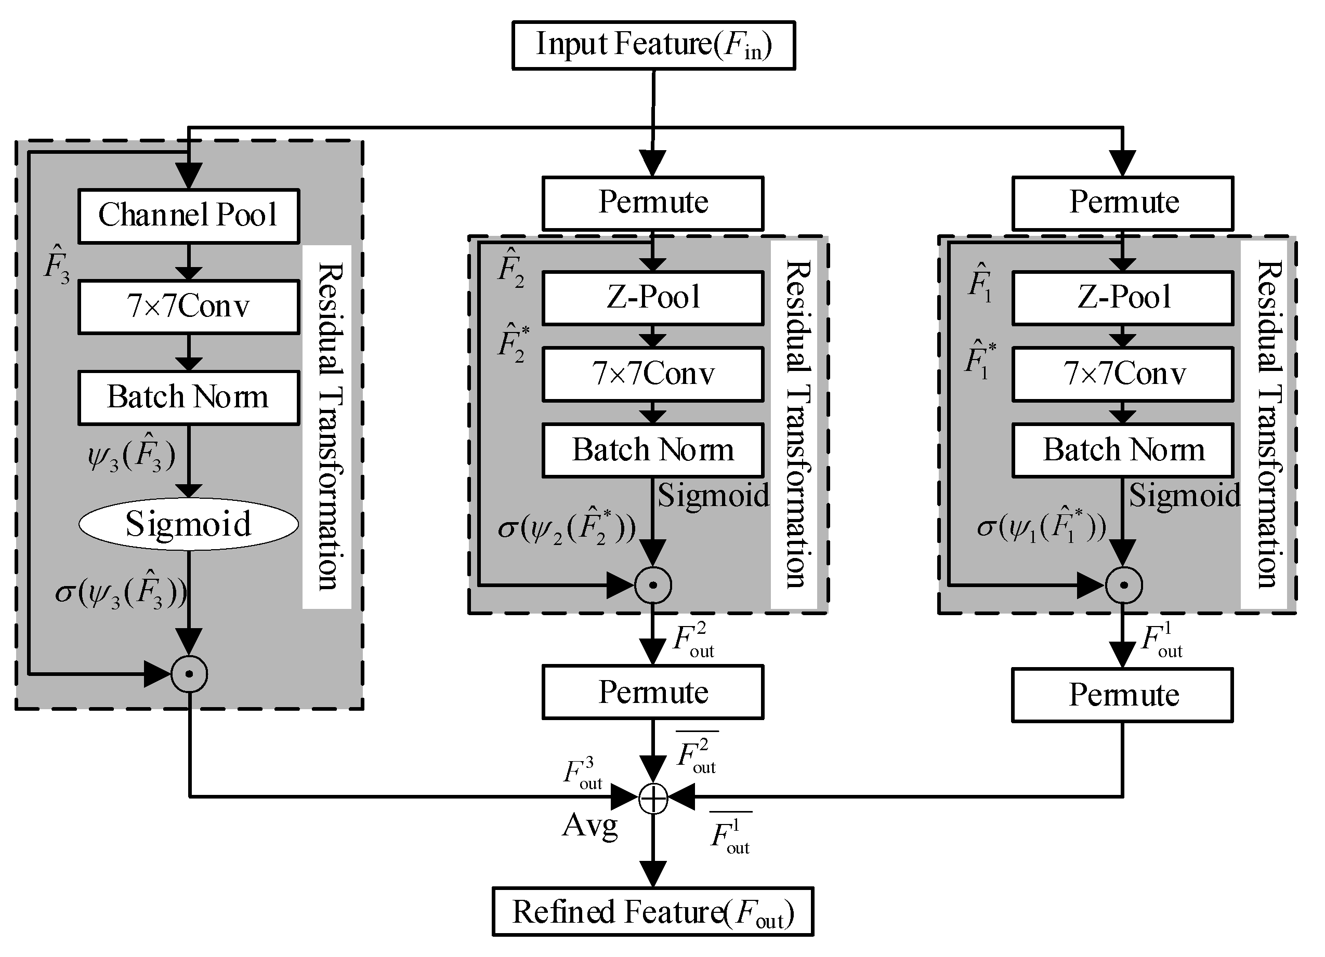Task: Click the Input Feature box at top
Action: tap(653, 46)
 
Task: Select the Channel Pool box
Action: tap(189, 216)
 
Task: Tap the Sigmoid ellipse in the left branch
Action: tap(189, 524)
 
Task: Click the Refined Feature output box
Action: tap(652, 911)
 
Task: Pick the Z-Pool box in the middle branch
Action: tap(652, 297)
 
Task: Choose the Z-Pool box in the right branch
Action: tap(1122, 297)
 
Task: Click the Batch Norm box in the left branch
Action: tap(189, 397)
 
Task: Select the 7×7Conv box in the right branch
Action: tap(1122, 374)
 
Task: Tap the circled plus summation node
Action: tap(653, 799)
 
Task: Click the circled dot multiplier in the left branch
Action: tap(189, 674)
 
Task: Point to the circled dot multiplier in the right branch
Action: tap(1123, 585)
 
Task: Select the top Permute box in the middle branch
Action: tap(652, 203)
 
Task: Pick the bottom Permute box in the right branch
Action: tap(1122, 695)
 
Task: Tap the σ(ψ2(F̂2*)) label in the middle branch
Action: tap(566, 527)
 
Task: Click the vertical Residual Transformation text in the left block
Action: tap(329, 426)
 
